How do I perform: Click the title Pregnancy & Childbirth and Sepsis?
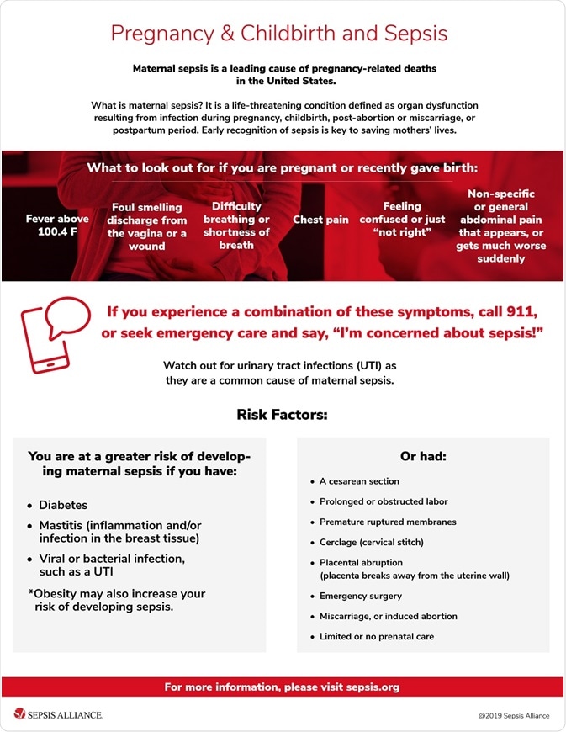click(279, 34)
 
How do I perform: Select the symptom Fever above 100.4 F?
click(57, 225)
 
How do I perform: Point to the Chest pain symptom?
click(320, 220)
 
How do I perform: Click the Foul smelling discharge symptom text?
click(147, 226)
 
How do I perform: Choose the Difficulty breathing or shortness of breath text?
click(236, 225)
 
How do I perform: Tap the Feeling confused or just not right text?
click(402, 219)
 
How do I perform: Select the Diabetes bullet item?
click(63, 506)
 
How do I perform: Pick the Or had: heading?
click(423, 456)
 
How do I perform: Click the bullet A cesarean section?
click(359, 481)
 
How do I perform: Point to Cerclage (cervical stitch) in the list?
click(371, 542)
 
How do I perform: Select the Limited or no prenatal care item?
click(376, 637)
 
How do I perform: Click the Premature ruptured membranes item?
click(388, 522)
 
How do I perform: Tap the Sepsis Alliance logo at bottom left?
click(57, 715)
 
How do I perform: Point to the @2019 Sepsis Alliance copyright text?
click(513, 716)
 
